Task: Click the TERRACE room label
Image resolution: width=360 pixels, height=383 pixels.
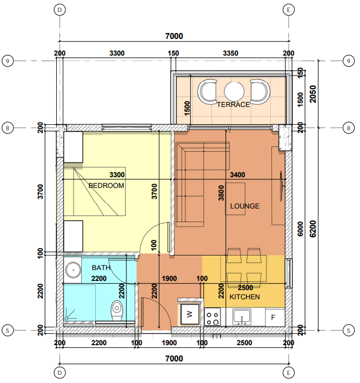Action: point(234,105)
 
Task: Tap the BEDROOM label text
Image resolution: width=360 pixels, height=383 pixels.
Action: point(106,186)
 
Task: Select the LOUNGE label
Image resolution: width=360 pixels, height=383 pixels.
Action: point(245,206)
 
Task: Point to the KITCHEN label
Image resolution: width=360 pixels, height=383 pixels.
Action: point(245,297)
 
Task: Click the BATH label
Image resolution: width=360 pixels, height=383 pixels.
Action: point(101,268)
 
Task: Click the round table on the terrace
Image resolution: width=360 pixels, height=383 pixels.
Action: point(234,91)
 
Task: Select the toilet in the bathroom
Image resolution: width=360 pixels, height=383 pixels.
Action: point(117,311)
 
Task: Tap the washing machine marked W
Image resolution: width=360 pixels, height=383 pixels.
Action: point(190,314)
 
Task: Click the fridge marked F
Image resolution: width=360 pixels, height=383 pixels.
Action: point(275,317)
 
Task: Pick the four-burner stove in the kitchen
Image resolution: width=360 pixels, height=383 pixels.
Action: point(212,317)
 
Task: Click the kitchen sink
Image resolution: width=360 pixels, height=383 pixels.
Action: point(242,317)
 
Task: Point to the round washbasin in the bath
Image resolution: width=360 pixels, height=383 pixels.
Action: point(73,270)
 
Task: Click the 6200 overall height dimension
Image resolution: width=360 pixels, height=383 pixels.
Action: point(313,229)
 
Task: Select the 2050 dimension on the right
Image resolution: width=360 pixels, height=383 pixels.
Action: point(313,95)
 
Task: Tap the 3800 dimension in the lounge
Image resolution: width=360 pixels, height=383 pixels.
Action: point(221,193)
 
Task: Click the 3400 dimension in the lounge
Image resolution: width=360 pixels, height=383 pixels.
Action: point(237,175)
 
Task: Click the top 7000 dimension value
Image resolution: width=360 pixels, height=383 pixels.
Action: point(174,36)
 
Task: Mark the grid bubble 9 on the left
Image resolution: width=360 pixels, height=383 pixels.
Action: point(8,61)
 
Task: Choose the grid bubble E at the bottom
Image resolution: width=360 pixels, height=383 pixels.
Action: point(289,373)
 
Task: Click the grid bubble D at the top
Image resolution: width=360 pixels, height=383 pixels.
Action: point(59,10)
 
